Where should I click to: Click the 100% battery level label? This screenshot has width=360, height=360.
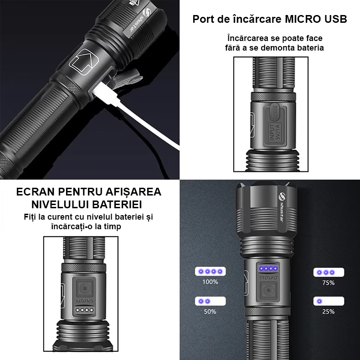(x=210, y=282)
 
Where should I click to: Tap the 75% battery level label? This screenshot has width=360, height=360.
(x=328, y=283)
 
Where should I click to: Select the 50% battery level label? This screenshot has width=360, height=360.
(x=210, y=312)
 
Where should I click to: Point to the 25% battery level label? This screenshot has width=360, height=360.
(x=328, y=312)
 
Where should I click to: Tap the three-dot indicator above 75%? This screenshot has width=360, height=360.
(x=328, y=272)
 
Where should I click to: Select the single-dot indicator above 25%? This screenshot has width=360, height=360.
(x=328, y=301)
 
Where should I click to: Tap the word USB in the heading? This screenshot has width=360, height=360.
(x=336, y=19)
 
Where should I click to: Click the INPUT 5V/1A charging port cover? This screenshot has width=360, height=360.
(x=274, y=122)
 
